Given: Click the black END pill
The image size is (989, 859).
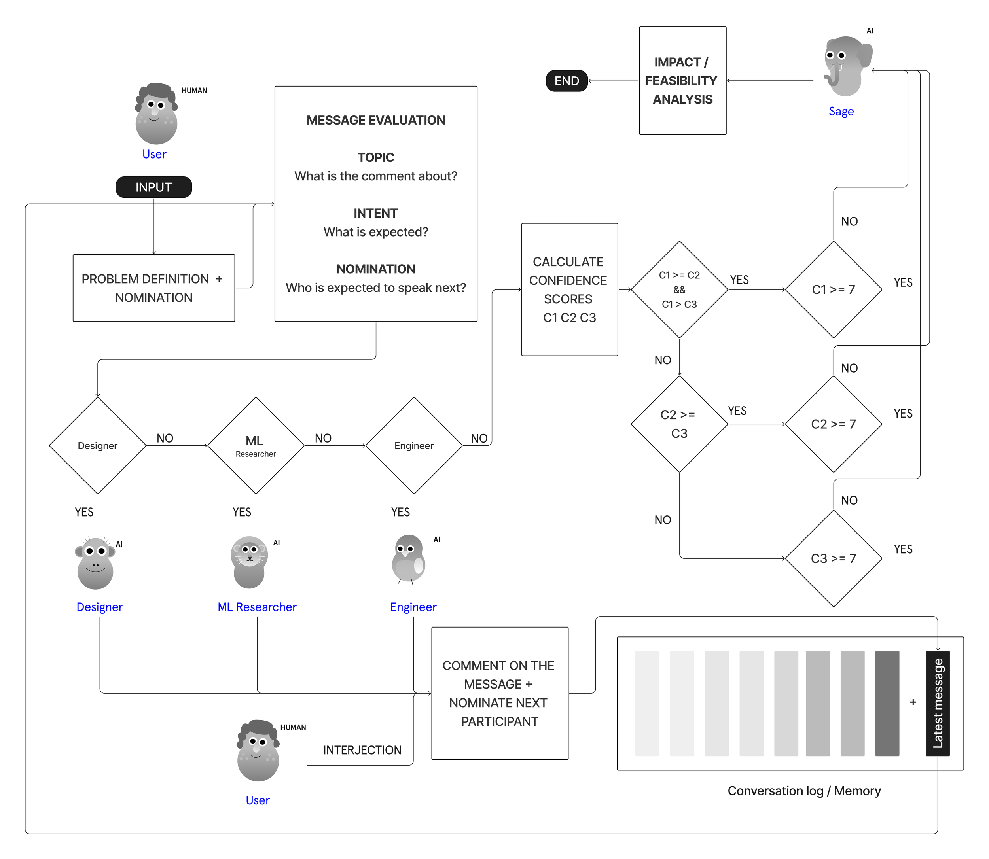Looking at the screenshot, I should [x=566, y=81].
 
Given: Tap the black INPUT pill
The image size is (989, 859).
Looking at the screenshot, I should [x=153, y=187].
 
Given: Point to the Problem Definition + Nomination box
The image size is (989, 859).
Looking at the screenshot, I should [x=153, y=288].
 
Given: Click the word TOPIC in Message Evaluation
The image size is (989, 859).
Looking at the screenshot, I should [x=375, y=157].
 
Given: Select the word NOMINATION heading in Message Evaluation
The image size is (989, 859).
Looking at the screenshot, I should [x=375, y=269].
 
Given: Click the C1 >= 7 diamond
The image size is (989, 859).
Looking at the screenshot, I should [x=833, y=289].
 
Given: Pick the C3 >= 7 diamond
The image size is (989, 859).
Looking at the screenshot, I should [x=833, y=558].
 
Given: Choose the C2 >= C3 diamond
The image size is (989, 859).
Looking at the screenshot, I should [x=679, y=424].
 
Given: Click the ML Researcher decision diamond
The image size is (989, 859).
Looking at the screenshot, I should [x=256, y=445].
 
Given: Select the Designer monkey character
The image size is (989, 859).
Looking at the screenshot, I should [x=95, y=563].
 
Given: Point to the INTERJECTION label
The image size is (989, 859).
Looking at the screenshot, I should [x=362, y=750].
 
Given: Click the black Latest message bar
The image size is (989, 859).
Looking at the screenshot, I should [x=937, y=703].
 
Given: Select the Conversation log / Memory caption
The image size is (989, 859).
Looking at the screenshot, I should [x=804, y=791].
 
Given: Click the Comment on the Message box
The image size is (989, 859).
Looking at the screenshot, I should [x=499, y=693].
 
